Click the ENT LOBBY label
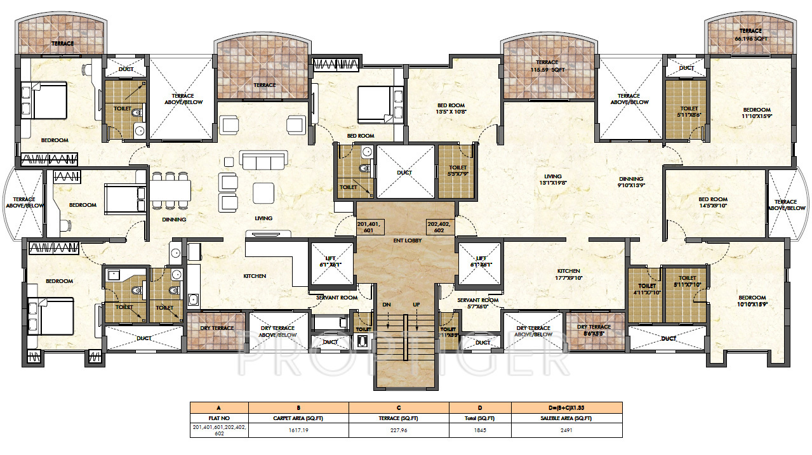(405, 242)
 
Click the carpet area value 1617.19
(298, 430)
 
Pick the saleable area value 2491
(567, 430)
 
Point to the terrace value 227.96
(399, 430)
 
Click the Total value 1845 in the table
(480, 430)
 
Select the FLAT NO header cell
(219, 418)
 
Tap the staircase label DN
(387, 305)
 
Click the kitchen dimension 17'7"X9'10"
(569, 277)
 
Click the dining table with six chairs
(170, 190)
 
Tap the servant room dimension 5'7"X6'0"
(477, 307)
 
